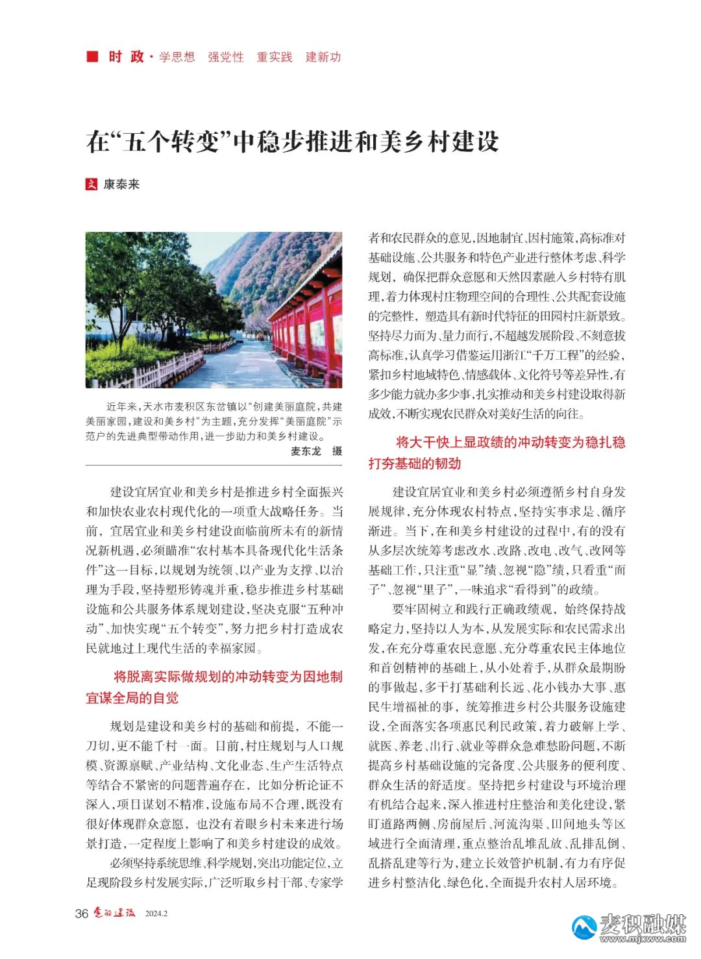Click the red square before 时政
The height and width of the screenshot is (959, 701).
pos(92,56)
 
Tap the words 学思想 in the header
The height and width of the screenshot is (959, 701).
pos(177,57)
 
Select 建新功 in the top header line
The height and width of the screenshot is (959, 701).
pos(323,57)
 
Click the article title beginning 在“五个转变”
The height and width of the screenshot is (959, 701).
pos(292,141)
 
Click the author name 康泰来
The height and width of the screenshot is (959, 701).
pos(121,184)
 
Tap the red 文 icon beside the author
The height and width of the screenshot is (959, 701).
pos(92,184)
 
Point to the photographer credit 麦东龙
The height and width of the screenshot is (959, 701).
pos(306,451)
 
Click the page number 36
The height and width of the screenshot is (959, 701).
pos(81,914)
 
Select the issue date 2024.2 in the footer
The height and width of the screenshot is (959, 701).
pos(156,914)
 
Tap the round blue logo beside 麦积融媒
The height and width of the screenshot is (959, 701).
pos(584,927)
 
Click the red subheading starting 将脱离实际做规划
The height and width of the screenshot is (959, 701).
pos(214,687)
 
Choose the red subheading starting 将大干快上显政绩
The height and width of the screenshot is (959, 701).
pos(497,453)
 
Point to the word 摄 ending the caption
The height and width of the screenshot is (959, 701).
pos(337,451)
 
